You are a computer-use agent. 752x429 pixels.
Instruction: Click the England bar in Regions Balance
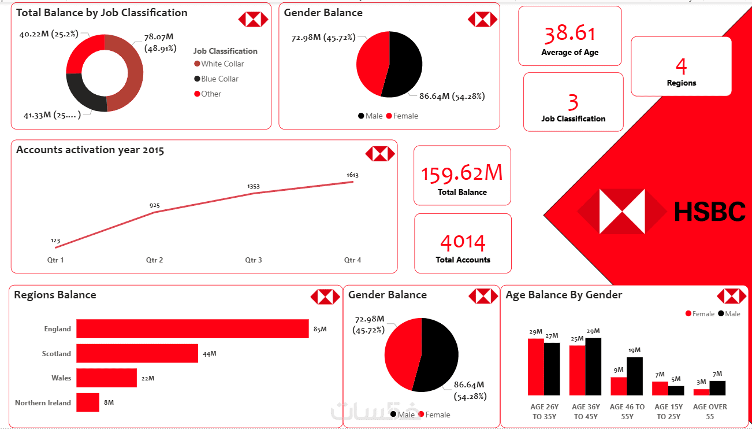pos(192,328)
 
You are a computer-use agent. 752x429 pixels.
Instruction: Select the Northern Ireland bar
pos(88,402)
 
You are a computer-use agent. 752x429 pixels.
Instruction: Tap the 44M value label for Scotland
pos(209,354)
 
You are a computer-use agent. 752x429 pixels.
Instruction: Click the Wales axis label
pos(61,378)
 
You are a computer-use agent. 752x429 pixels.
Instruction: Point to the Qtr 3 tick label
pos(253,260)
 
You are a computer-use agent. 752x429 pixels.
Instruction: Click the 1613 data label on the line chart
pos(352,175)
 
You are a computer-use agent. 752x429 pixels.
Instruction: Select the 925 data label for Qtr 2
pos(154,206)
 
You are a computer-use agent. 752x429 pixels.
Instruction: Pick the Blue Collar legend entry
pos(219,79)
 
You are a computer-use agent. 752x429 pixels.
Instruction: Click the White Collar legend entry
pos(222,64)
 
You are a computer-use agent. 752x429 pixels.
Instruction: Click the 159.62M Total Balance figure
pos(461,173)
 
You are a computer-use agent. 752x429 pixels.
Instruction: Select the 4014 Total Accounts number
pos(463,242)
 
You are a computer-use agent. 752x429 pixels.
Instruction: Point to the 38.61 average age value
pos(569,34)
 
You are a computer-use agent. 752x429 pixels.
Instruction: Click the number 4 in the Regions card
pos(681,66)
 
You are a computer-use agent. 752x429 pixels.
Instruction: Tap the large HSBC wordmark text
pos(710,212)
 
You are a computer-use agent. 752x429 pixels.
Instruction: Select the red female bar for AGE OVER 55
pos(701,392)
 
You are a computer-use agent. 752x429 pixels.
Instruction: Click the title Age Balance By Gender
pos(564,295)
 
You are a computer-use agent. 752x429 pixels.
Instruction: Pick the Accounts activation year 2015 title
pos(90,150)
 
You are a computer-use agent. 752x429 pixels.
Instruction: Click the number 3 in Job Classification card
pos(573,102)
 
